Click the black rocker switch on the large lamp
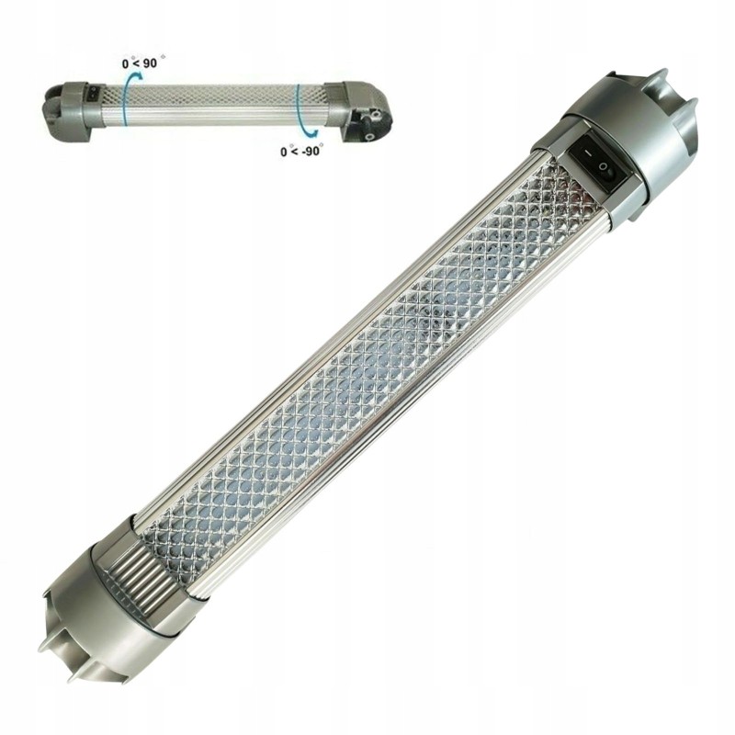tap(598, 165)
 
